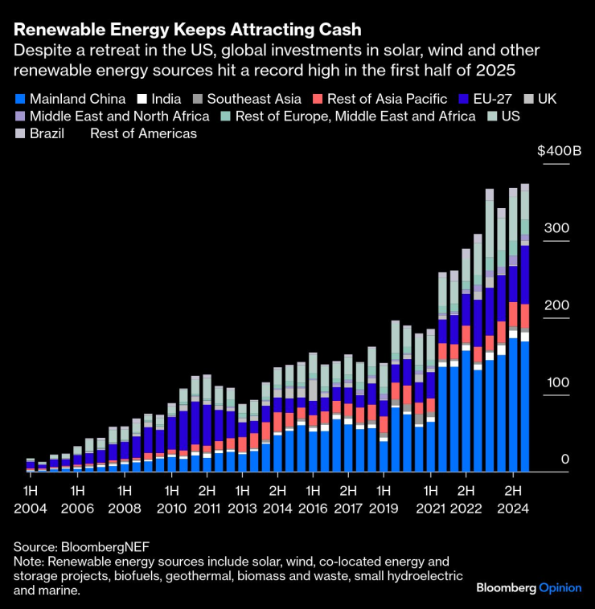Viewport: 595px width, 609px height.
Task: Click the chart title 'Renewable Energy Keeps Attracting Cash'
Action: pos(187,30)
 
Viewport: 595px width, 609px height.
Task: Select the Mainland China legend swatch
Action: pos(19,100)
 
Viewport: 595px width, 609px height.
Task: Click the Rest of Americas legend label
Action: pos(143,133)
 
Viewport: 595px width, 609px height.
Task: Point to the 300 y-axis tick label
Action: pos(556,228)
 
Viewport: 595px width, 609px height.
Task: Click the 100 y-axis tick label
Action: pos(556,382)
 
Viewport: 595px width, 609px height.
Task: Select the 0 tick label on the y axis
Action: pos(564,459)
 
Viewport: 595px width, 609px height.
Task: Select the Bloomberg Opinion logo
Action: pos(528,587)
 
